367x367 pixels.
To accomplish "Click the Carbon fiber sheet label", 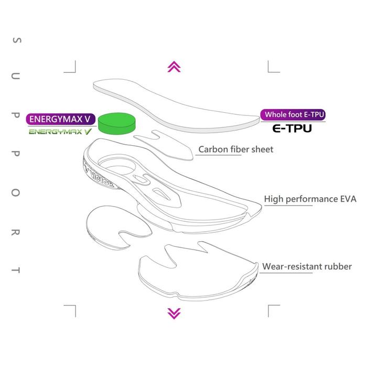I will pyautogui.click(x=235, y=149).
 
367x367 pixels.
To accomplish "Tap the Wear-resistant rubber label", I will pyautogui.click(x=307, y=267).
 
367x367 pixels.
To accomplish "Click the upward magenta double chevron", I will pyautogui.click(x=174, y=67).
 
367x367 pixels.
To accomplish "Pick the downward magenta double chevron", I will pyautogui.click(x=174, y=313).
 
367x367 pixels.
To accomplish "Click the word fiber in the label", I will pyautogui.click(x=240, y=149).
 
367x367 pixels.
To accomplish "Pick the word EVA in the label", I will pyautogui.click(x=347, y=199).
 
